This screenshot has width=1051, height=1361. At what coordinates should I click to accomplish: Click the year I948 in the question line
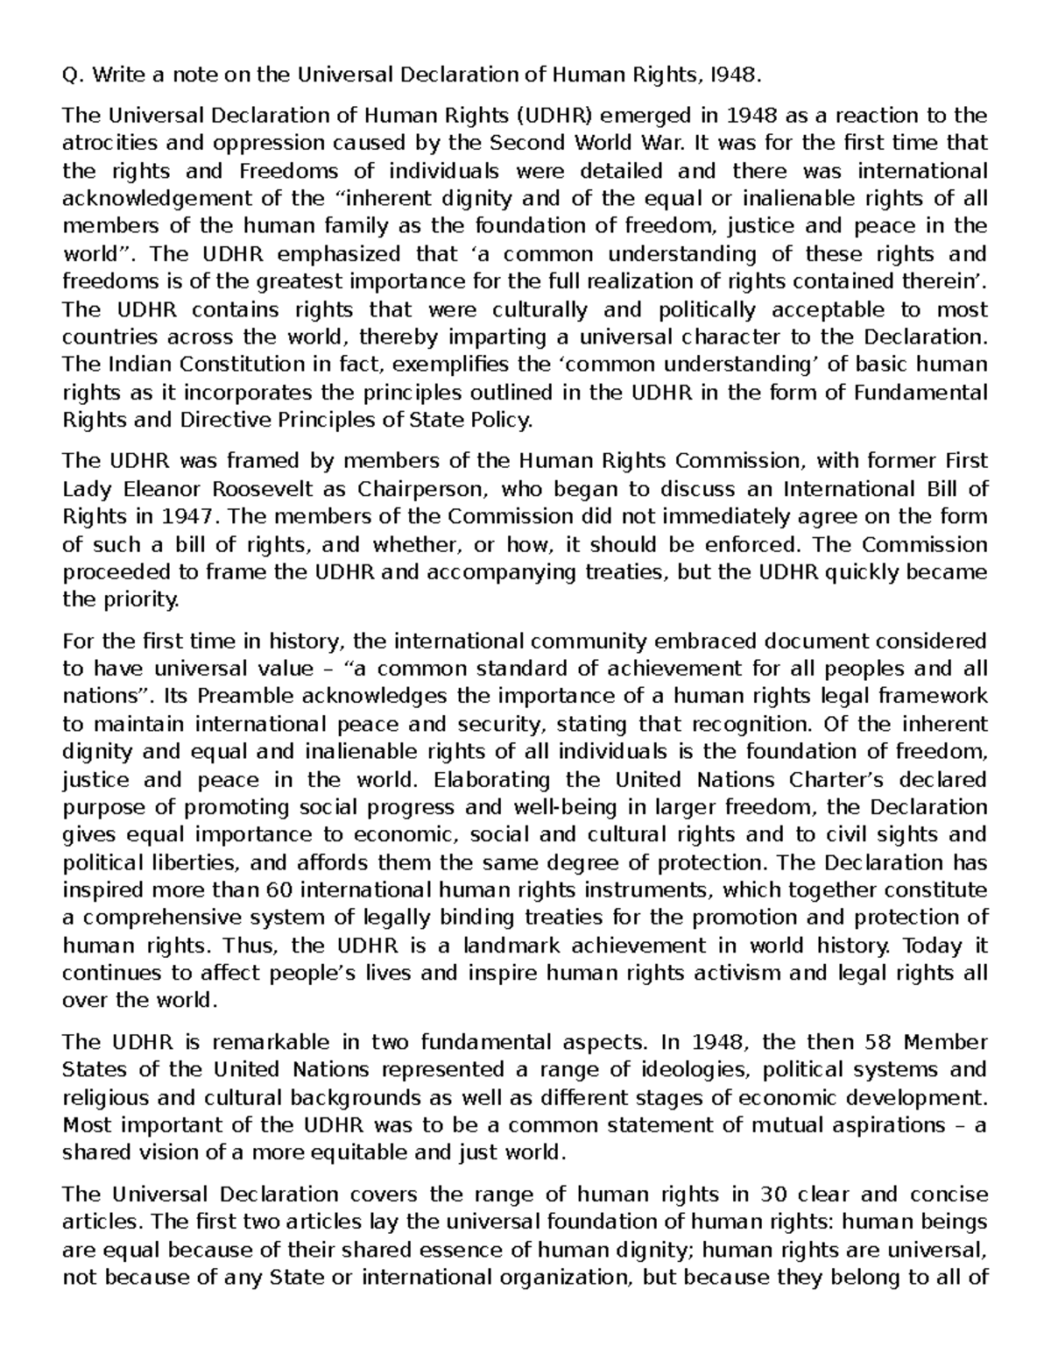(729, 74)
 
